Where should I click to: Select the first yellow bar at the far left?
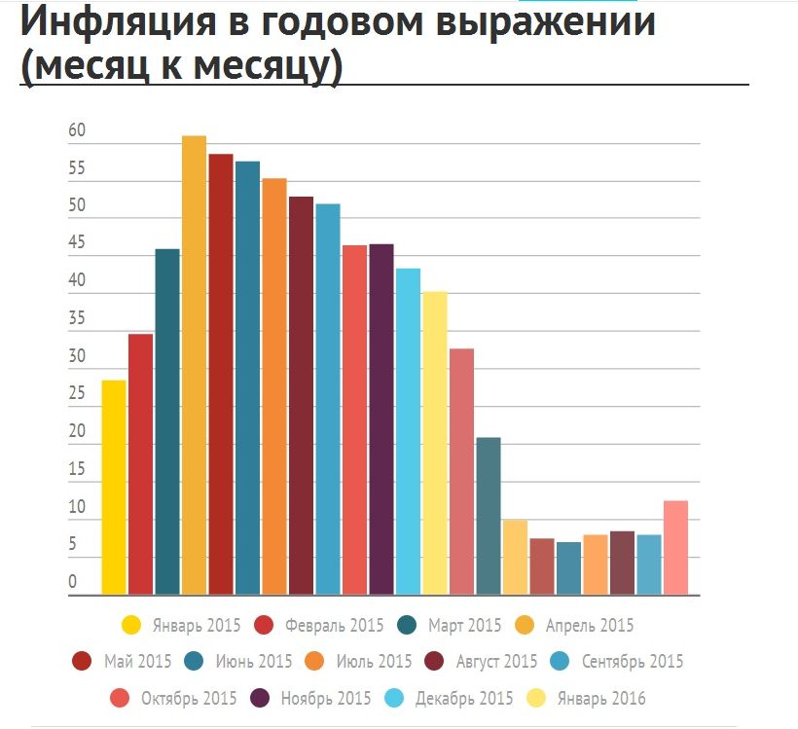(x=114, y=487)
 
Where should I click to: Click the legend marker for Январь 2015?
(x=130, y=625)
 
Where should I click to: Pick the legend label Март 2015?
(x=464, y=625)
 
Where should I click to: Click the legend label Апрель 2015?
(x=590, y=625)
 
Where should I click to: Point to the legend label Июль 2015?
(x=374, y=662)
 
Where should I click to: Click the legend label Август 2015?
(x=496, y=662)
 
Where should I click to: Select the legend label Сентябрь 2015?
(x=633, y=662)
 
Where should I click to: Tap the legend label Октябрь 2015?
(x=189, y=699)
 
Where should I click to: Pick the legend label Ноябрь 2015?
(x=324, y=699)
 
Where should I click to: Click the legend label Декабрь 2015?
(x=463, y=699)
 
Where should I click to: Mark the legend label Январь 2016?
(x=600, y=699)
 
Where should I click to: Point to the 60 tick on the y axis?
(x=77, y=131)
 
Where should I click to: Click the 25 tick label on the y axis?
(x=77, y=395)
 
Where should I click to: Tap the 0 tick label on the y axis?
(x=72, y=583)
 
